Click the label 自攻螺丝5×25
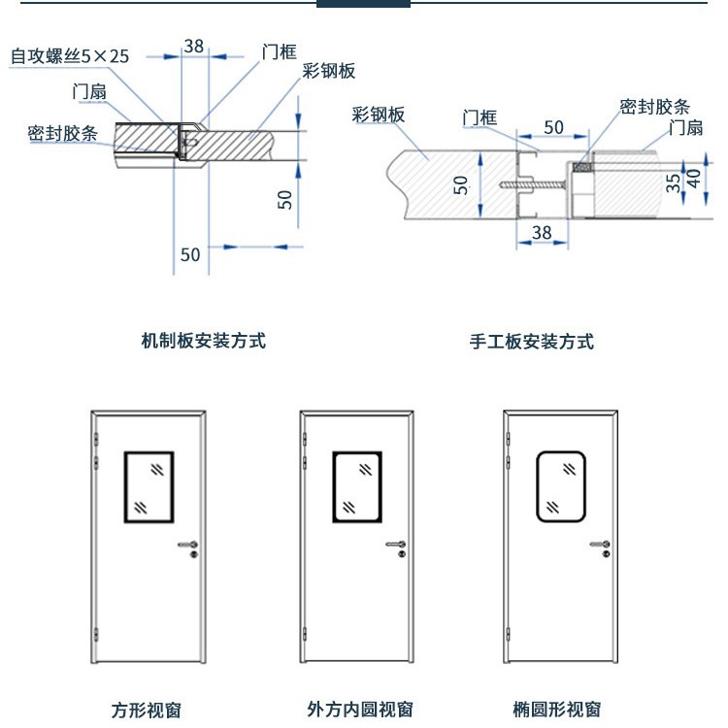(70, 56)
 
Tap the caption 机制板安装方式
(204, 341)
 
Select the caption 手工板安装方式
(532, 342)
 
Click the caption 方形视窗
(147, 710)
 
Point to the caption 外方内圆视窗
(360, 709)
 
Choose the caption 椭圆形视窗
(557, 709)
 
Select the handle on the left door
(188, 545)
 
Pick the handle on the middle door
(396, 545)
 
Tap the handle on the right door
(600, 545)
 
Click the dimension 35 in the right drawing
(674, 183)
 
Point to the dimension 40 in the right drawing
(694, 179)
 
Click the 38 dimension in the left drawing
(194, 46)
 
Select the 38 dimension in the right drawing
(542, 233)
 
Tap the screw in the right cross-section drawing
(533, 184)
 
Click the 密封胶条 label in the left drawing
(63, 133)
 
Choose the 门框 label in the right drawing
(480, 117)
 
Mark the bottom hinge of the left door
(96, 634)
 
